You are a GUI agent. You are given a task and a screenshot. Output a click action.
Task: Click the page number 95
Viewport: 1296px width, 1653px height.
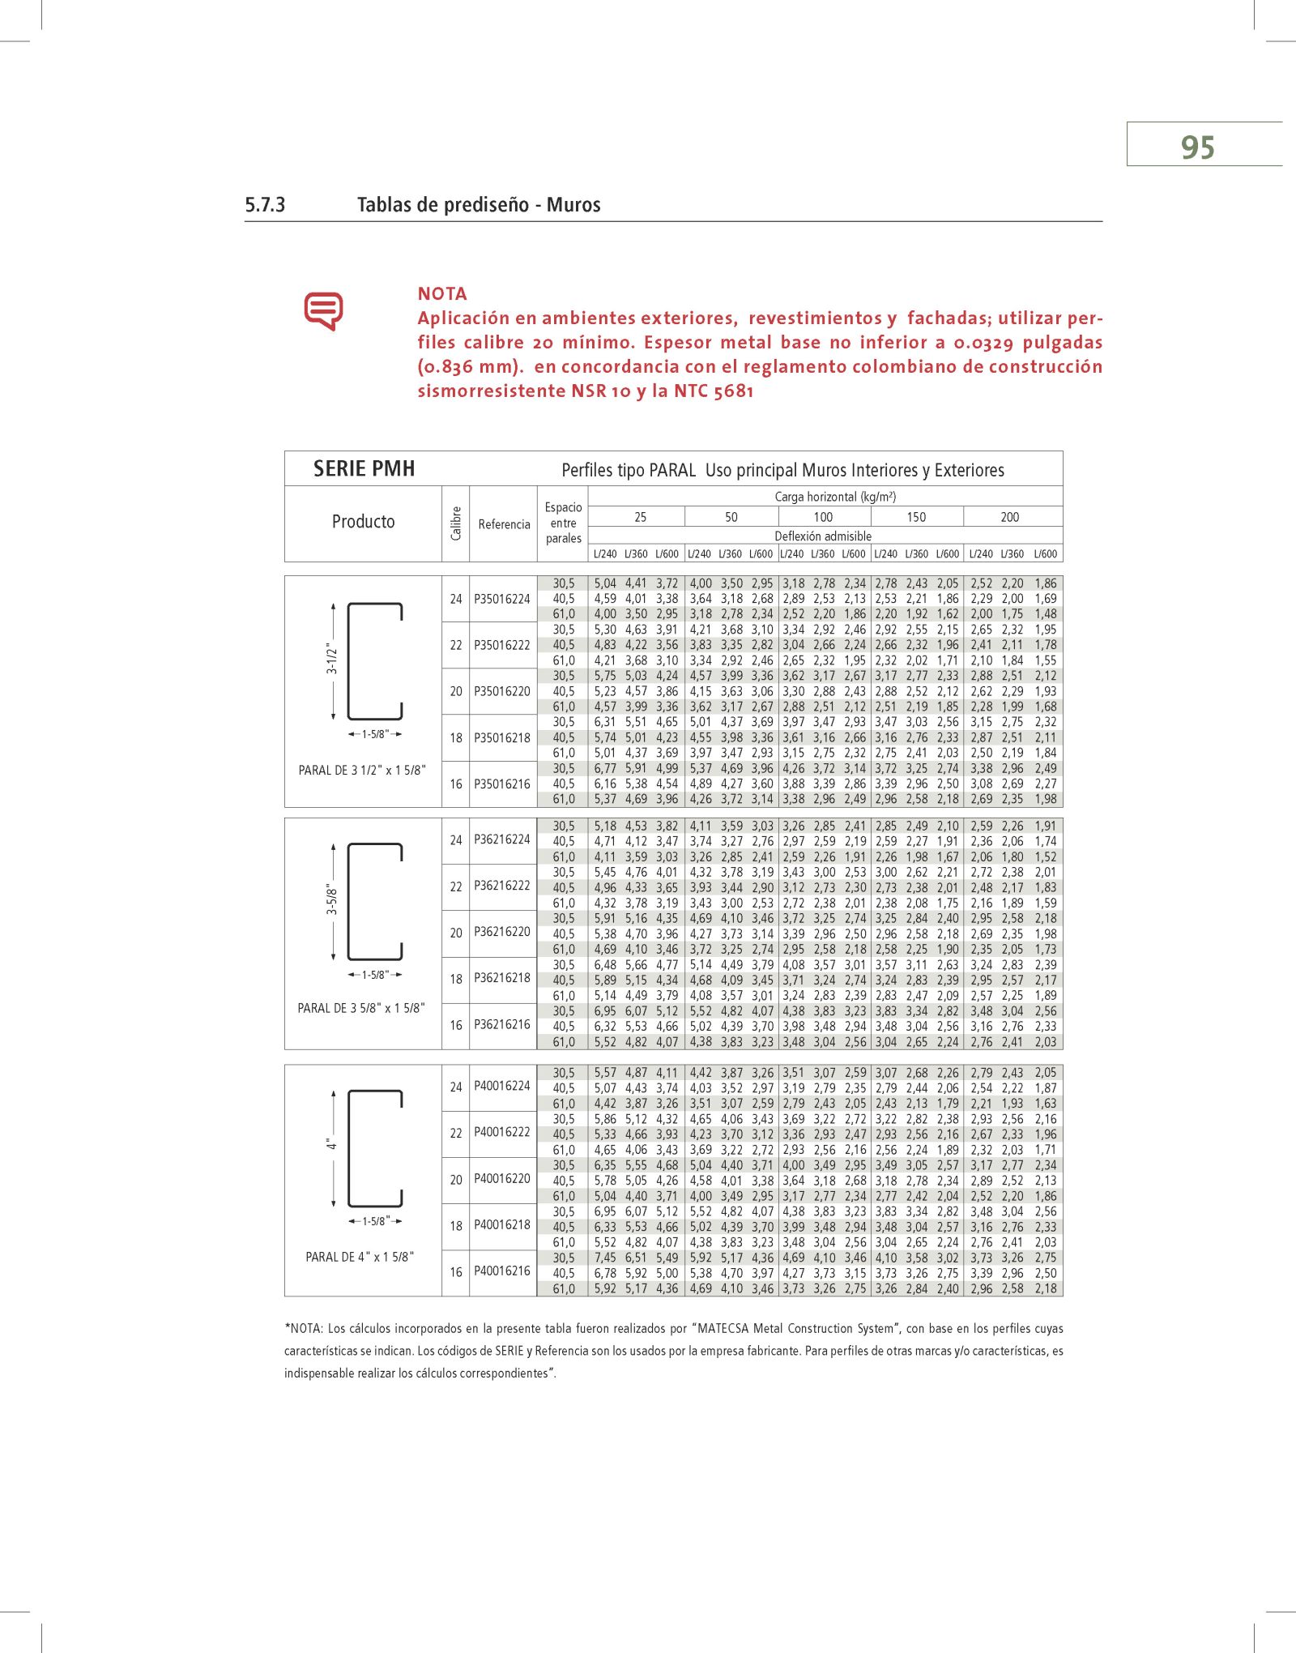pos(1197,147)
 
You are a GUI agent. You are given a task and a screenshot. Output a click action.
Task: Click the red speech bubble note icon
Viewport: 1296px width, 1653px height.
pos(323,310)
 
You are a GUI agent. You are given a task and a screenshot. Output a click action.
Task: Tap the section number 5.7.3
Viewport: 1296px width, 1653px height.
pos(265,205)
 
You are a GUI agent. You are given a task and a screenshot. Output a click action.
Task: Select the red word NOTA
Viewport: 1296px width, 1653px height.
pos(442,294)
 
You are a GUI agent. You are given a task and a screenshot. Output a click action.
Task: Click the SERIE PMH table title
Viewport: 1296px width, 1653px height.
pos(364,469)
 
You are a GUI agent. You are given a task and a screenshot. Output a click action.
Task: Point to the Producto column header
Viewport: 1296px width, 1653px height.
pos(363,522)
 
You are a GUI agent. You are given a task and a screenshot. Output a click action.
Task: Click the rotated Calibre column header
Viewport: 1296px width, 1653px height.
pos(456,523)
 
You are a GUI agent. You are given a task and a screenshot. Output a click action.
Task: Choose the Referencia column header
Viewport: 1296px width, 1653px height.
pos(504,524)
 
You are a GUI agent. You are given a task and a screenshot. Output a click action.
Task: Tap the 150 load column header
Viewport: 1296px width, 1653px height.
pos(916,517)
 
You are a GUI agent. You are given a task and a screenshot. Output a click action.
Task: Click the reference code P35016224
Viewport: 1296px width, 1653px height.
pos(502,600)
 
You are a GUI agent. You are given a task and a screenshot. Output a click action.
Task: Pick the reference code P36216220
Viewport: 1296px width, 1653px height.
pos(502,932)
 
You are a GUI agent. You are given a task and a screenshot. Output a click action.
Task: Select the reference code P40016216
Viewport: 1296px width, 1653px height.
pos(502,1271)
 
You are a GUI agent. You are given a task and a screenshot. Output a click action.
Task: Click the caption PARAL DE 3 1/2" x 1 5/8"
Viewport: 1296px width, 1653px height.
pos(362,771)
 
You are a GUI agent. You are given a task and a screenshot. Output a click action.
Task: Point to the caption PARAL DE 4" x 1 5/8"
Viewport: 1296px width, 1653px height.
pos(360,1257)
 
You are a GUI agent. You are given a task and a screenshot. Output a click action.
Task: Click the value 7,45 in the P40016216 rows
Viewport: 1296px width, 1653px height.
pos(605,1258)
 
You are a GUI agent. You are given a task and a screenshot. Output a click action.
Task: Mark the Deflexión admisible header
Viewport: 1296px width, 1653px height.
pos(823,536)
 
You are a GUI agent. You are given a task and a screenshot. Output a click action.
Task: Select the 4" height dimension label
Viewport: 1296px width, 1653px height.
pos(331,1145)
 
